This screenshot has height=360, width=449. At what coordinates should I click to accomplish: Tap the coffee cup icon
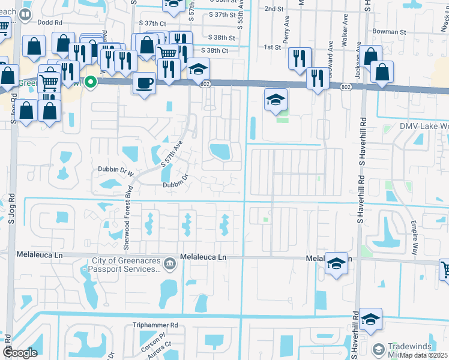click(x=144, y=82)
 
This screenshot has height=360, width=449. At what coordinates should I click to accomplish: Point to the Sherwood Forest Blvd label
click(x=127, y=217)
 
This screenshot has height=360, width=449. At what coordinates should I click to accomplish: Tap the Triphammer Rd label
click(x=155, y=325)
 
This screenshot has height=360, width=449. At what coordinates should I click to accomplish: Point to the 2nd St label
click(x=273, y=9)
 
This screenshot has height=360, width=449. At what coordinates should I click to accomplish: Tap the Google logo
click(x=20, y=353)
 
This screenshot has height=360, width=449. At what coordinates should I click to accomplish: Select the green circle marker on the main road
click(x=91, y=82)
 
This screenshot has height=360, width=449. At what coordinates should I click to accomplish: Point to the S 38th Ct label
click(x=215, y=51)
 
